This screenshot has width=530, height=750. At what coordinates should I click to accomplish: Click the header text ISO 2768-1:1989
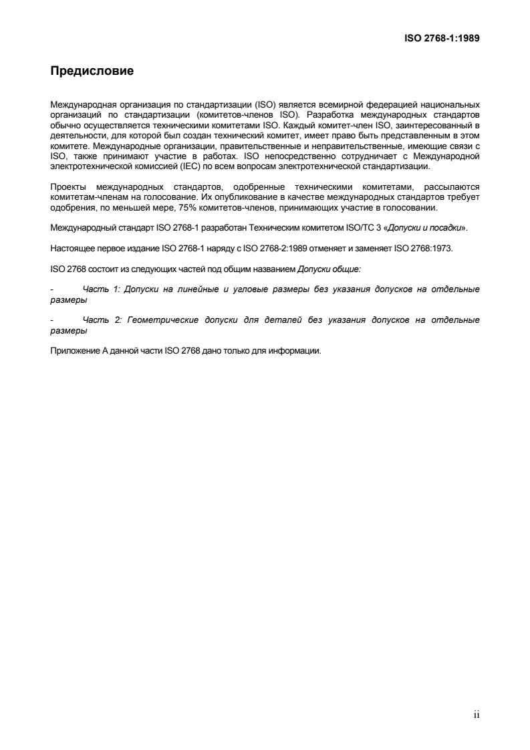(442, 38)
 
